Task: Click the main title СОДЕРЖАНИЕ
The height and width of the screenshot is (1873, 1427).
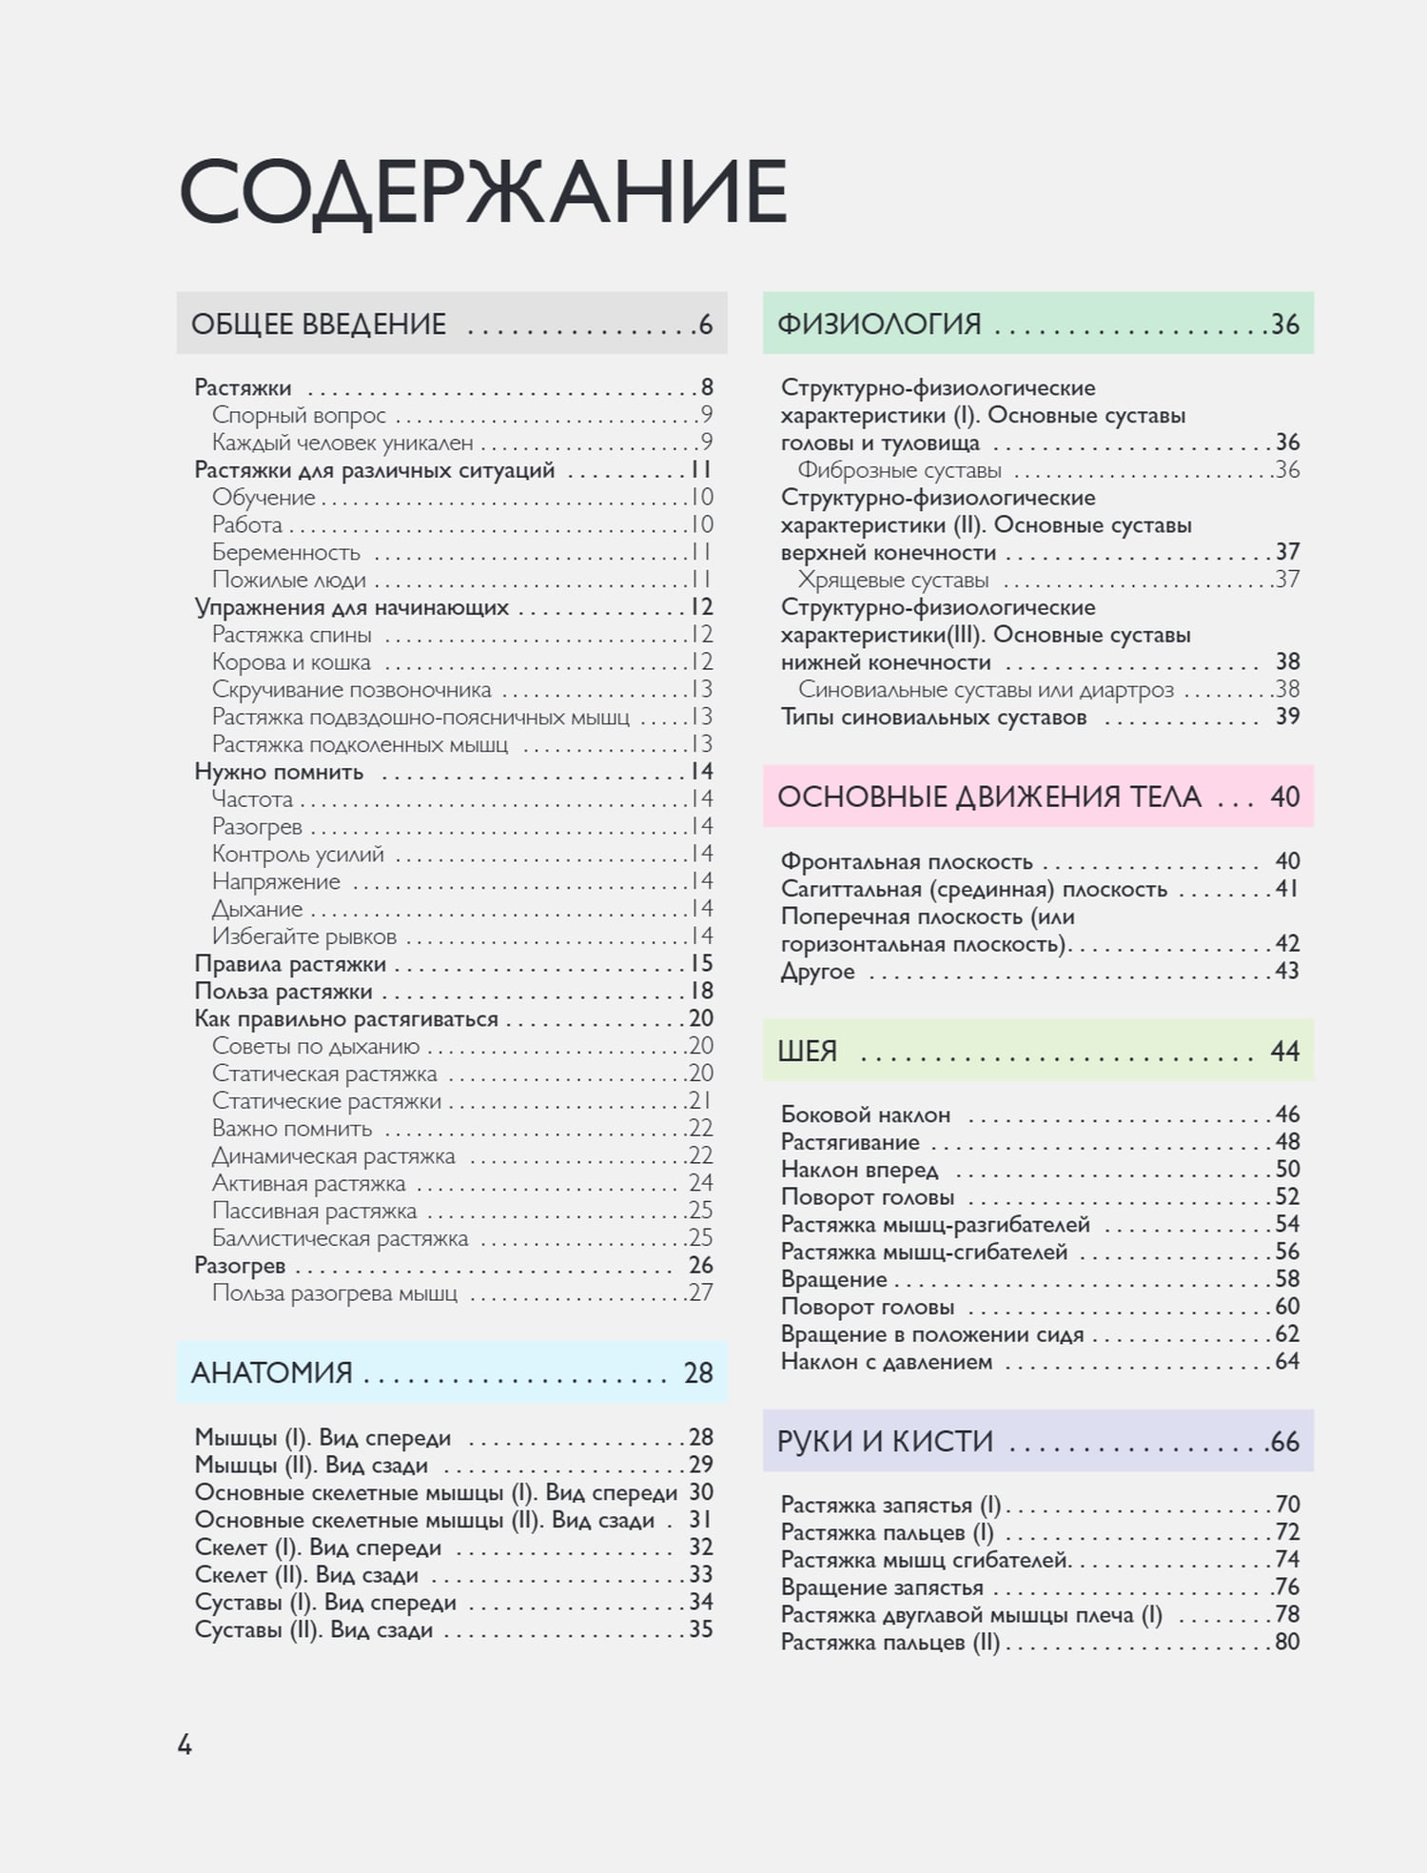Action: pyautogui.click(x=482, y=193)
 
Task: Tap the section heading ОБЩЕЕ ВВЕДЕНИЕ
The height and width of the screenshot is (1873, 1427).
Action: pyautogui.click(x=319, y=325)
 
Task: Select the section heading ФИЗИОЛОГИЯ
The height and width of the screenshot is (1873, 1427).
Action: pyautogui.click(x=879, y=325)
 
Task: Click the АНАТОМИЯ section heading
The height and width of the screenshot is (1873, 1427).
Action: pyautogui.click(x=272, y=1372)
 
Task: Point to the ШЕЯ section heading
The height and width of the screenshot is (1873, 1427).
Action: pyautogui.click(x=808, y=1051)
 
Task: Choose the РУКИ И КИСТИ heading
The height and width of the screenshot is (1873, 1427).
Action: pyautogui.click(x=885, y=1442)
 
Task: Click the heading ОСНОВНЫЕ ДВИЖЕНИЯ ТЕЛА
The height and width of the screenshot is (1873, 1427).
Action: pyautogui.click(x=989, y=797)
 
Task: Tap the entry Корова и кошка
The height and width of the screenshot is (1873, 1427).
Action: pyautogui.click(x=291, y=662)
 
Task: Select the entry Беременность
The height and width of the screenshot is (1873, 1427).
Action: pyautogui.click(x=286, y=553)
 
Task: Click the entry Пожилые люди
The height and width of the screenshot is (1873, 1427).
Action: pyautogui.click(x=289, y=581)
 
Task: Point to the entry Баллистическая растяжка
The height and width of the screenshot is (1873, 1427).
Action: pyautogui.click(x=340, y=1238)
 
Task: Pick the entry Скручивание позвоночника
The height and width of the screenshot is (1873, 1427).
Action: pyautogui.click(x=351, y=690)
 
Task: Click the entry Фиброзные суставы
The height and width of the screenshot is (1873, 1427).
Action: pyautogui.click(x=899, y=470)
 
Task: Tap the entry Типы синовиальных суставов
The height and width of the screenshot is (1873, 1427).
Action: pyautogui.click(x=933, y=718)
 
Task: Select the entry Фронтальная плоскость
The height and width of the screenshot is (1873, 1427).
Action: pyautogui.click(x=907, y=862)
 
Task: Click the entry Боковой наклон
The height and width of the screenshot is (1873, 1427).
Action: pyautogui.click(x=866, y=1115)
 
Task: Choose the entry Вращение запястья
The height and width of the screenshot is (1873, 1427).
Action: pyautogui.click(x=882, y=1587)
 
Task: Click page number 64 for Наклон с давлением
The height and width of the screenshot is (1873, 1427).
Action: pyautogui.click(x=1287, y=1362)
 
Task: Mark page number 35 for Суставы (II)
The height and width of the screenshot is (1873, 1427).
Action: pyautogui.click(x=701, y=1629)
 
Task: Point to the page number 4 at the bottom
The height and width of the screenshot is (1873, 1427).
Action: pyautogui.click(x=185, y=1745)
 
